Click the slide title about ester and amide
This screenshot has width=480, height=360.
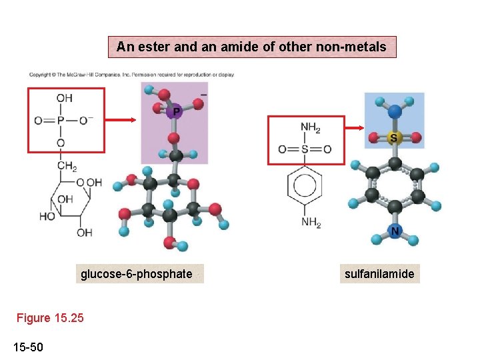[251, 47]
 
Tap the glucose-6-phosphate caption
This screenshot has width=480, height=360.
[137, 274]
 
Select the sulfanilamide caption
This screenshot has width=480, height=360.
[379, 274]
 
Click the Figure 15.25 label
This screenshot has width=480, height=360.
[51, 318]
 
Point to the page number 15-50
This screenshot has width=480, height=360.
[28, 345]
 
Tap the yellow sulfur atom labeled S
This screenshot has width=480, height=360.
[394, 138]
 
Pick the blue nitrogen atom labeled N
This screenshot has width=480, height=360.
[395, 231]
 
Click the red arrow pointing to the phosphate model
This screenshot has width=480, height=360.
[121, 120]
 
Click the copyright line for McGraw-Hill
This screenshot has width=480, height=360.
[131, 75]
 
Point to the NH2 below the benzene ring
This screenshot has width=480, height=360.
[310, 222]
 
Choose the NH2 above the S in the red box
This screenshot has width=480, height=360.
[310, 128]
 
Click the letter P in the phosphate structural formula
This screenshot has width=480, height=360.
[60, 121]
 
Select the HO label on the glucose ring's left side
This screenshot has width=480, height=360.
[47, 217]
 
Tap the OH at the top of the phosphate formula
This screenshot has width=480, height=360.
[64, 99]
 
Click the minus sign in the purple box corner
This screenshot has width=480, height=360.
[203, 94]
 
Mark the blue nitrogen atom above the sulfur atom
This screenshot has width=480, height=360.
[395, 111]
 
